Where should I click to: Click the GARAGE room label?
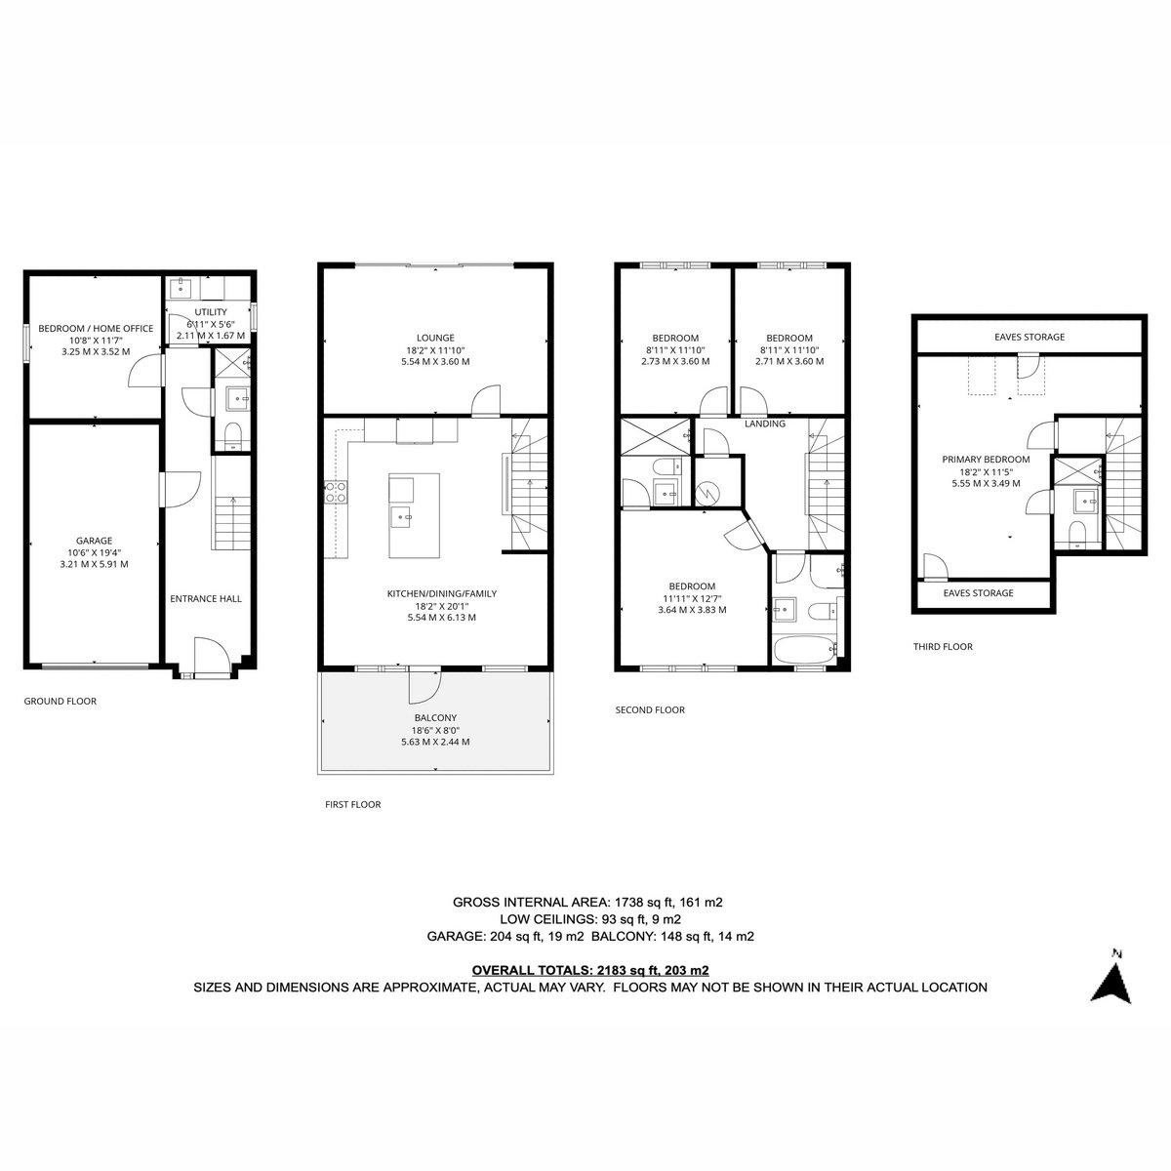pos(95,541)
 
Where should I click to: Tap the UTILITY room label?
pos(210,311)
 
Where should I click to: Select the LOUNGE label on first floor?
pos(435,338)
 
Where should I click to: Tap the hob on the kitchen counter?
pos(336,492)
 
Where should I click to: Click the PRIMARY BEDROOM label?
pos(986,460)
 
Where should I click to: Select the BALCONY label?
pos(435,717)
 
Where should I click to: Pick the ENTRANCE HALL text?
pos(205,598)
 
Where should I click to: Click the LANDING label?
pos(764,424)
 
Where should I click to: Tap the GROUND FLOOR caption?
pos(61,701)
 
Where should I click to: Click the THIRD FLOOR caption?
pos(943,647)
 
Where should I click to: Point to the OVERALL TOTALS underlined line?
pos(590,970)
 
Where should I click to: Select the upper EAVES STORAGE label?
pos(1030,337)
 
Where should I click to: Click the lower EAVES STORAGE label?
pos(978,593)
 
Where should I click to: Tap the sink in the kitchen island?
pos(401,517)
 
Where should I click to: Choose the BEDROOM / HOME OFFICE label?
pos(96,328)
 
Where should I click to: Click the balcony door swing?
pos(424,684)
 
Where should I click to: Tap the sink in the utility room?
pos(181,288)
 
